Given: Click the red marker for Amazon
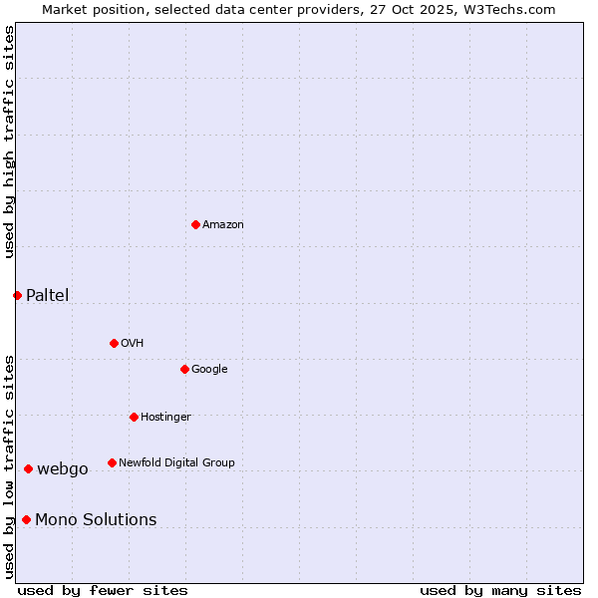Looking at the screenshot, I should [x=195, y=224].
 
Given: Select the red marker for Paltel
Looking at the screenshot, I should [x=17, y=295].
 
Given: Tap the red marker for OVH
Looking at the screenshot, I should [x=114, y=343].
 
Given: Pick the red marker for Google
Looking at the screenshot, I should [x=184, y=369].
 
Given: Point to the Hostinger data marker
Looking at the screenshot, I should [x=134, y=417].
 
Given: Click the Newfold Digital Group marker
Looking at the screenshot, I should [x=112, y=462].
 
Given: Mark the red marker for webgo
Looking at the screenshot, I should [x=28, y=468].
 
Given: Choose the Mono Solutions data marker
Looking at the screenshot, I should [x=26, y=519].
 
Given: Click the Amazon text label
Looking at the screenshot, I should [x=223, y=224].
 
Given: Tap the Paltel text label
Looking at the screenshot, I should [x=48, y=295].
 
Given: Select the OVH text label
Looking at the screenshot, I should [x=133, y=343].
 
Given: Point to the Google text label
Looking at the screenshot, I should [x=209, y=369].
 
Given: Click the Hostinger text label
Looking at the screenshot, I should [x=165, y=417].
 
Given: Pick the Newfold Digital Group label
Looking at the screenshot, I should [x=176, y=462].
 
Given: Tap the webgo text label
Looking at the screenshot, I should [x=63, y=468].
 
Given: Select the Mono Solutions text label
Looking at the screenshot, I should [x=96, y=519].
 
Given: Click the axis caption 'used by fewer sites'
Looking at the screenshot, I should [x=103, y=590].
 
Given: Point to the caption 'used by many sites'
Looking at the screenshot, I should [x=500, y=590].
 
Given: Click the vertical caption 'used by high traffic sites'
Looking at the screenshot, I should [x=9, y=142].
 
